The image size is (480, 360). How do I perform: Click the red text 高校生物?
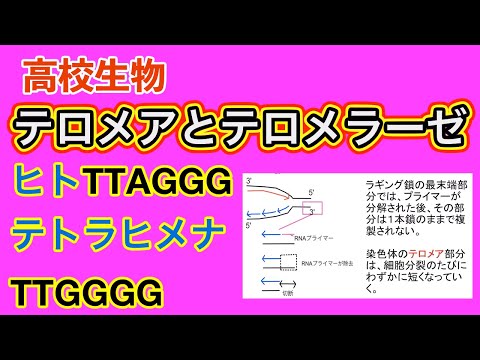point(95,73)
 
